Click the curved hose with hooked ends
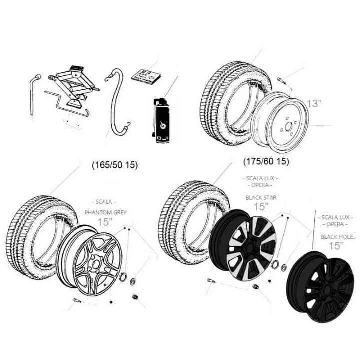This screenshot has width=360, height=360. (x=117, y=102)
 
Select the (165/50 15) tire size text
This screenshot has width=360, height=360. (x=115, y=164)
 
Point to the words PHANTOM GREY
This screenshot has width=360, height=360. (x=105, y=212)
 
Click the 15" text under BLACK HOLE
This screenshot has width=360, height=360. (x=336, y=245)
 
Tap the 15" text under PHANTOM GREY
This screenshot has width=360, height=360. (x=105, y=222)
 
